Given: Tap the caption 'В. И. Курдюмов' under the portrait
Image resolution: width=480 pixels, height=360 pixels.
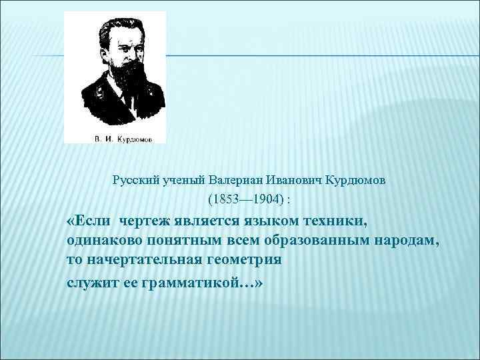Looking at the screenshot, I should pos(114,139).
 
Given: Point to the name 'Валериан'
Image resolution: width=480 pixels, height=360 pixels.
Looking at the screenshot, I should pos(235,180).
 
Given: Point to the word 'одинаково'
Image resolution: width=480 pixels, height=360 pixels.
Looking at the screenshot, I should pos(101,240).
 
